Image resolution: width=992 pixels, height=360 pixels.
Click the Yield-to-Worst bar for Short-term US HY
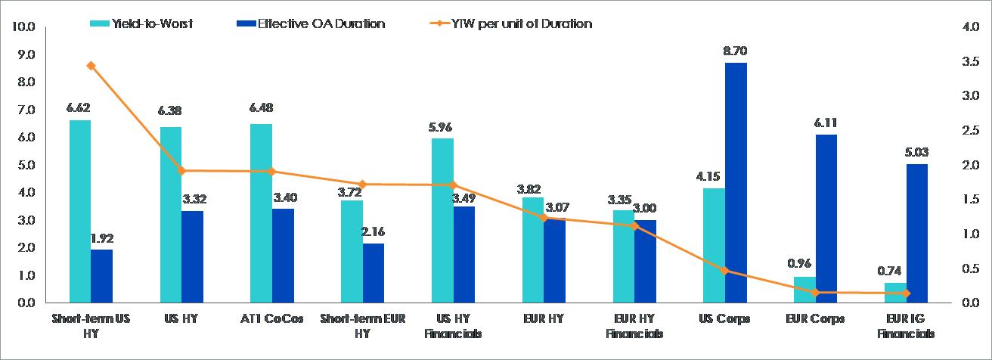[79, 212]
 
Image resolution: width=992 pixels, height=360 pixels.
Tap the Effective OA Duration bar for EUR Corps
[826, 219]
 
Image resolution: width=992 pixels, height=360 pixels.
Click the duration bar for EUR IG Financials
[916, 234]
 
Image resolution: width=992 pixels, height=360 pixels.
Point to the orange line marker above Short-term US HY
[91, 66]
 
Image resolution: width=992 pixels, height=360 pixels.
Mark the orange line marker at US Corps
[724, 270]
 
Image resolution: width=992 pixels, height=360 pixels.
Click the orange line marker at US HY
[181, 171]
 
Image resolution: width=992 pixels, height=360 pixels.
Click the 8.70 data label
[736, 51]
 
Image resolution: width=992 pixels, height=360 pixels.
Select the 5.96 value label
[442, 126]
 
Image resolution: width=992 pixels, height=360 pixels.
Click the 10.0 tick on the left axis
[24, 27]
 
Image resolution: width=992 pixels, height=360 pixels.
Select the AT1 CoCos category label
[272, 319]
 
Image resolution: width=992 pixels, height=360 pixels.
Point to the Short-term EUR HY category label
[363, 326]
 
